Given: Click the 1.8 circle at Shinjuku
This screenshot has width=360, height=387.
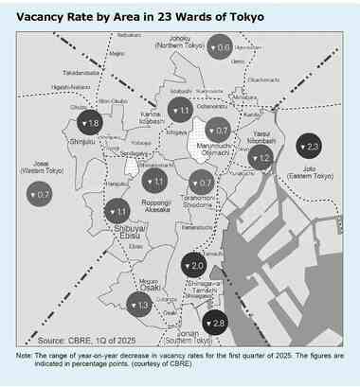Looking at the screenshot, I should coord(91,124).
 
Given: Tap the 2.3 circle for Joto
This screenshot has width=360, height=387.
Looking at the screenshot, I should coord(310,146).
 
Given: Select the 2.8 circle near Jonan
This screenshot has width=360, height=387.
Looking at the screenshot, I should coord(214,324).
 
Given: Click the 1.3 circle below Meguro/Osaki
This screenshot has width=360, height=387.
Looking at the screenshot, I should coord(139,305).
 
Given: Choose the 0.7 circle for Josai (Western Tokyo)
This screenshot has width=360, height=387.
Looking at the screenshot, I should coord(41,195).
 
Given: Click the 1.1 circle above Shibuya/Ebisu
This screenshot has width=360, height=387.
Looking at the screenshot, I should coord(119,211).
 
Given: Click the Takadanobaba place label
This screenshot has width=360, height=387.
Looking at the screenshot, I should coord(81,73).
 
